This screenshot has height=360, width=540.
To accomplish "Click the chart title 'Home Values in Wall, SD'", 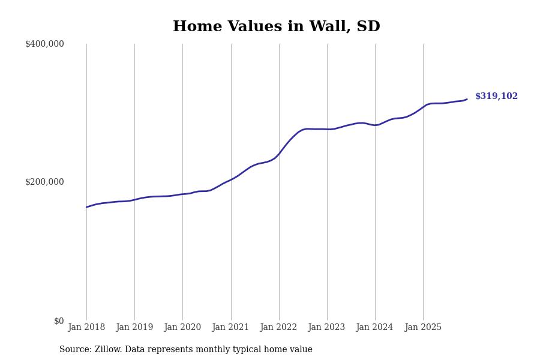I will point(276,27).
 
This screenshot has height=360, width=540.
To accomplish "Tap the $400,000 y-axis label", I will point(44,44).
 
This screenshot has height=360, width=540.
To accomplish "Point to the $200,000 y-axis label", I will point(44,182).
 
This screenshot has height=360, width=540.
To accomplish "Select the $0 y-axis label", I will point(59,321).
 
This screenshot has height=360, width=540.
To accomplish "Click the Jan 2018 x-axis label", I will point(86,328).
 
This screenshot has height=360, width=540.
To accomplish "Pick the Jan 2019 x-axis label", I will point(134,328).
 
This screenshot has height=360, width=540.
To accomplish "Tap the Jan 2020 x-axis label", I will point(182,328).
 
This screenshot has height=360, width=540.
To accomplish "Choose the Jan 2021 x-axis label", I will point(230,328).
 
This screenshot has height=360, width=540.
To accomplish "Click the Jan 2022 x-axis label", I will point(278,328).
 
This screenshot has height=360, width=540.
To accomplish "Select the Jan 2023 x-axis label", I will point(326,328).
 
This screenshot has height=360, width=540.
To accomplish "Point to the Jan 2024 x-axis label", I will point(374,328).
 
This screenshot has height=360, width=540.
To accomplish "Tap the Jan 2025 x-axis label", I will point(423,328).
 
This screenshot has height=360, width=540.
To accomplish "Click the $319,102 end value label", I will point(496,97).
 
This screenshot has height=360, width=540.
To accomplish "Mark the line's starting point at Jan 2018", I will point(86,207).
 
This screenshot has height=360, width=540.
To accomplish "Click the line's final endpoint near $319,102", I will point(467,100).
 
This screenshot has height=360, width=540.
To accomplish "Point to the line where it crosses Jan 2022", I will point(279,154).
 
